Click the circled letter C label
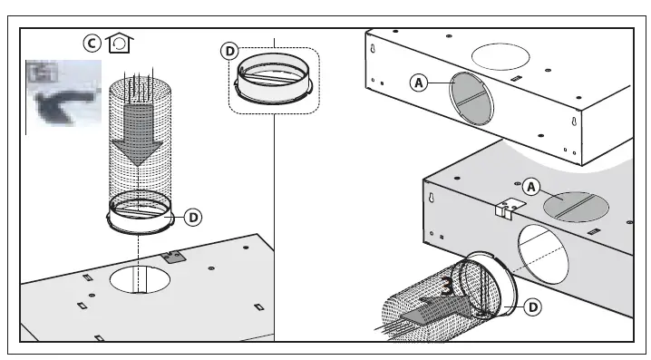[x=92, y=43]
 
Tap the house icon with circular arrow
[x=117, y=43]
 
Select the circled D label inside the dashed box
[x=230, y=52]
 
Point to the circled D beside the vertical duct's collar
[x=193, y=217]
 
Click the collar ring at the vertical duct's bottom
[x=138, y=217]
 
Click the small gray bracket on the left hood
[x=171, y=257]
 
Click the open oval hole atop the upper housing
[x=500, y=55]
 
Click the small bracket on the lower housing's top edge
[x=505, y=208]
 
